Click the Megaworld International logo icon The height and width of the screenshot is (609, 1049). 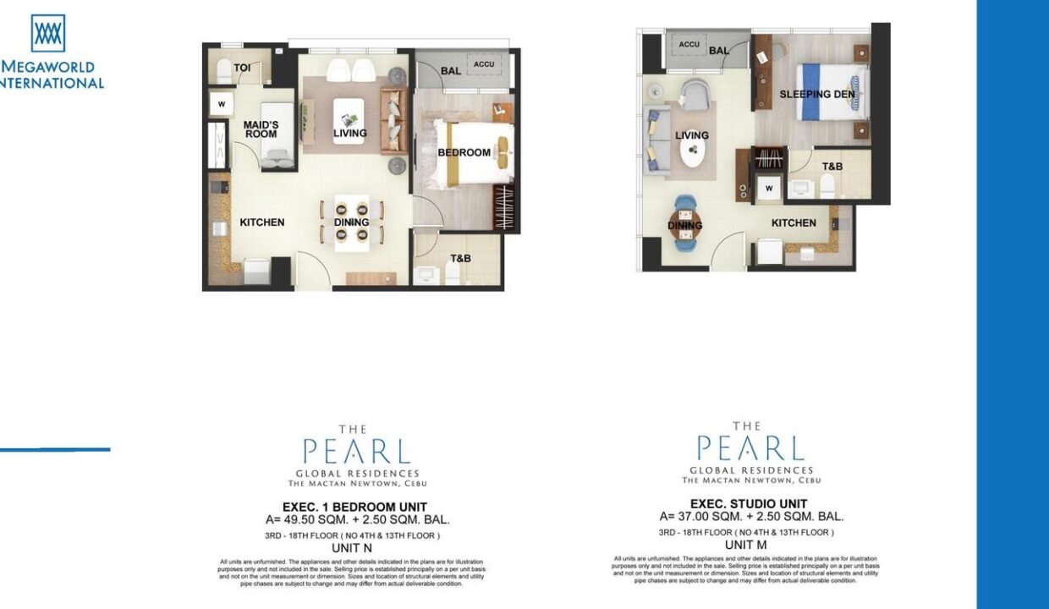click(x=48, y=33)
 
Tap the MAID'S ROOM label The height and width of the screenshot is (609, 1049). click(x=261, y=129)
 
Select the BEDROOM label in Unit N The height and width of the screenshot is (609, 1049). click(x=464, y=153)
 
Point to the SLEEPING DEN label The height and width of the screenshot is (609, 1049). click(x=817, y=95)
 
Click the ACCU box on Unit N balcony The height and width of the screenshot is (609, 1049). click(x=484, y=64)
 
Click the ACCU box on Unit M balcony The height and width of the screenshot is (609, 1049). click(x=689, y=44)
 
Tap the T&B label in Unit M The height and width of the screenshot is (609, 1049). click(x=832, y=167)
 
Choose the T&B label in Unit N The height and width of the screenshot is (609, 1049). click(x=460, y=258)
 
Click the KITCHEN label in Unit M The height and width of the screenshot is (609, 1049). click(x=794, y=223)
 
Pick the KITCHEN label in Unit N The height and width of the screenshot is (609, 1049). click(x=261, y=222)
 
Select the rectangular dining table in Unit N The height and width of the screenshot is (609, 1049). click(x=351, y=222)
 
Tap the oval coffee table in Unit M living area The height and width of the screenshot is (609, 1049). click(x=695, y=151)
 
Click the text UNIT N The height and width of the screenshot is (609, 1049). click(x=352, y=547)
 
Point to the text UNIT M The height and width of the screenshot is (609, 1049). click(x=745, y=545)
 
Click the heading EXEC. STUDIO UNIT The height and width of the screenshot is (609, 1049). click(x=748, y=504)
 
